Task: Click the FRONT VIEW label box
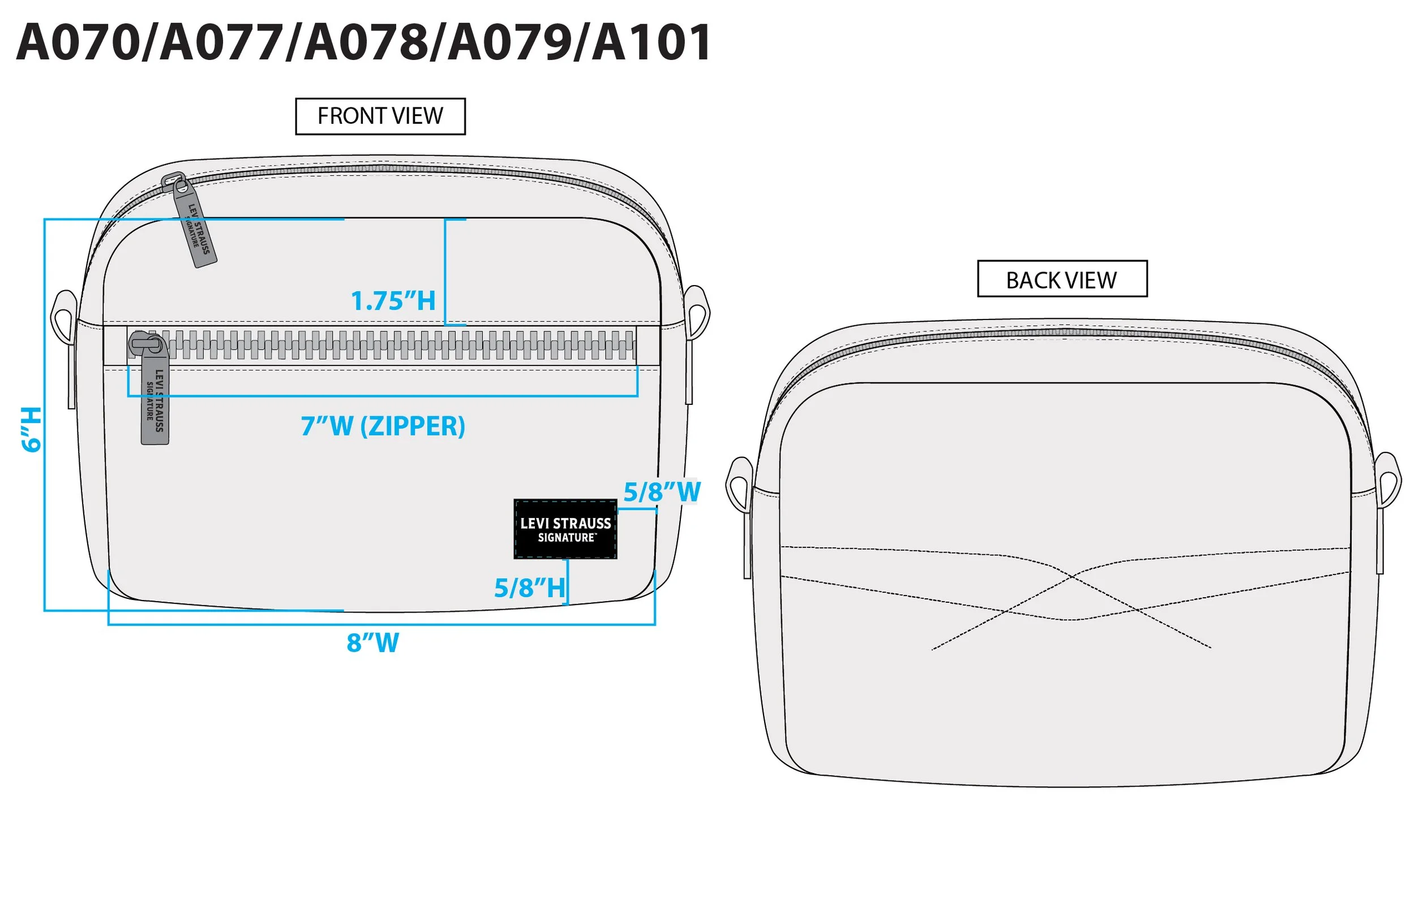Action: point(380,116)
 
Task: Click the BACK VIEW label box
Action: point(1062,279)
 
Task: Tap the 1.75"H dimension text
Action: point(393,301)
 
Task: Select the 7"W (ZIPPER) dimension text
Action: point(383,426)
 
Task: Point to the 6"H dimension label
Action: point(32,430)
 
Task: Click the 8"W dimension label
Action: point(373,643)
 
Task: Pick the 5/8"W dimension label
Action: point(662,492)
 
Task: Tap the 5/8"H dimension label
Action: point(529,588)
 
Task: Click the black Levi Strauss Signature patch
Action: point(565,529)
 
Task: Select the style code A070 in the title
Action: point(78,43)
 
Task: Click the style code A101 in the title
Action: point(651,43)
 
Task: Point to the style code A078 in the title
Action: point(365,43)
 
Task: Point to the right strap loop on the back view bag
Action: point(1388,479)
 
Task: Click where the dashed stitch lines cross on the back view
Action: point(1072,575)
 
